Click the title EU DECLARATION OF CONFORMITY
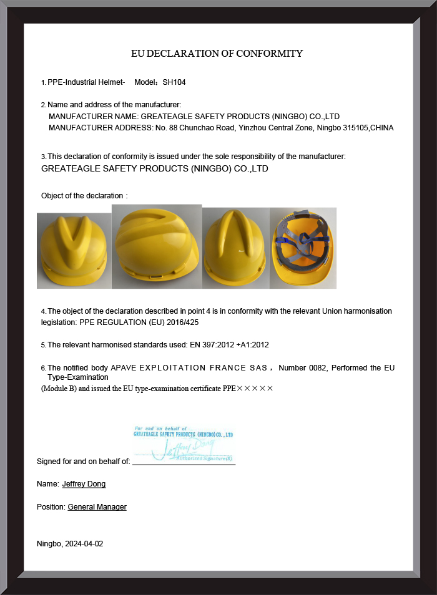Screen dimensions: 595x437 [x=217, y=54]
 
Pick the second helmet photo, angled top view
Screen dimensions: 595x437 [x=157, y=246]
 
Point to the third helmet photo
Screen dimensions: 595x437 [x=235, y=248]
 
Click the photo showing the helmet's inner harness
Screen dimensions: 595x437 [x=303, y=248]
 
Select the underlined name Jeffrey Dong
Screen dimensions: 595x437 [x=84, y=483]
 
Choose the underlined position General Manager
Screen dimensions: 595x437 [x=97, y=507]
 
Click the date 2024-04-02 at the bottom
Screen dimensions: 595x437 [x=84, y=543]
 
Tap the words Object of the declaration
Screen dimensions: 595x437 [x=82, y=196]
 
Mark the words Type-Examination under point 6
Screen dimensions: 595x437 [x=78, y=377]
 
